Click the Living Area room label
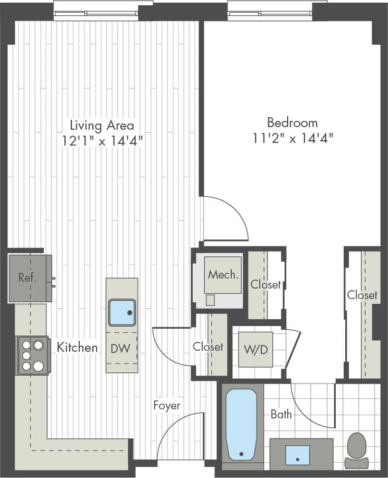[x=102, y=126]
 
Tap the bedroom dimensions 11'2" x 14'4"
[x=292, y=138]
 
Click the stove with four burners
[x=33, y=355]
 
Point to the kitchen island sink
[x=122, y=312]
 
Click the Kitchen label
[x=77, y=347]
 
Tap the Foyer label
[x=167, y=405]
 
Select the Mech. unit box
[x=223, y=274]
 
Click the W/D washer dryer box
[x=255, y=349]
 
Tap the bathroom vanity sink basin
[x=298, y=455]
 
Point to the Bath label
[x=281, y=414]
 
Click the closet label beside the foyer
[x=208, y=347]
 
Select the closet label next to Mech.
[x=266, y=284]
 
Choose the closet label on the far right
[x=362, y=295]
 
